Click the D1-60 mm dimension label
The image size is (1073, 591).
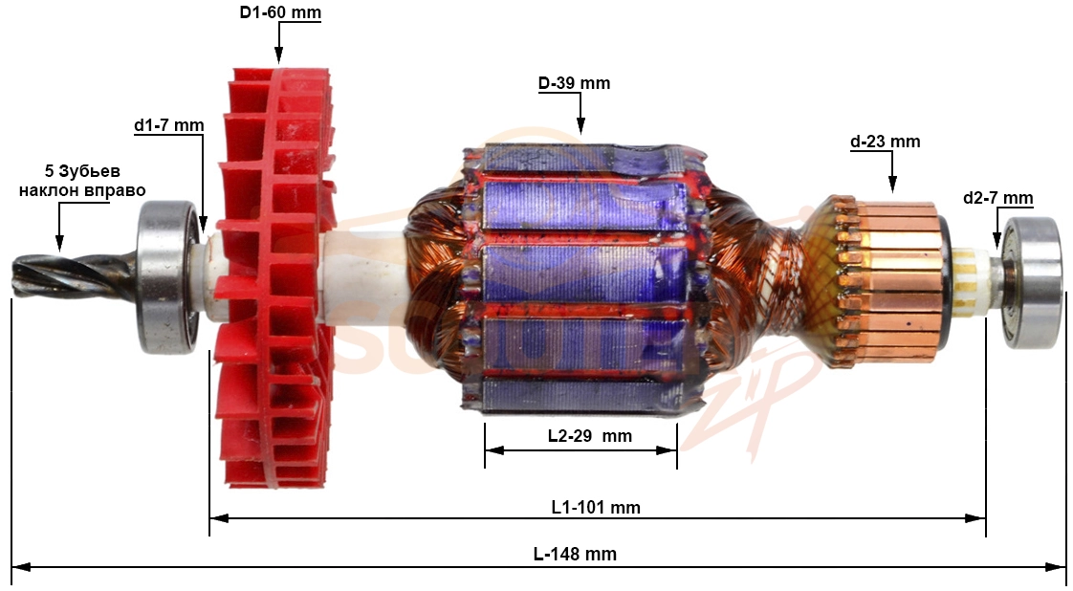coord(280,13)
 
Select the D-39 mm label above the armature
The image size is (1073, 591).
coord(574,83)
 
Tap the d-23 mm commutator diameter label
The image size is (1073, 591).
coord(885,142)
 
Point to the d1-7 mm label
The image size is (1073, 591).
coord(168,125)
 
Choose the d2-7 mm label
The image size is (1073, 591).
coord(997,198)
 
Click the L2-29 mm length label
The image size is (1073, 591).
coord(590,436)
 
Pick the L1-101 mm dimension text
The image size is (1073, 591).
coord(596,508)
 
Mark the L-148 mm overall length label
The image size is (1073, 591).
coord(575,554)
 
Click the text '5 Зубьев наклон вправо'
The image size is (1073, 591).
coord(82,181)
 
